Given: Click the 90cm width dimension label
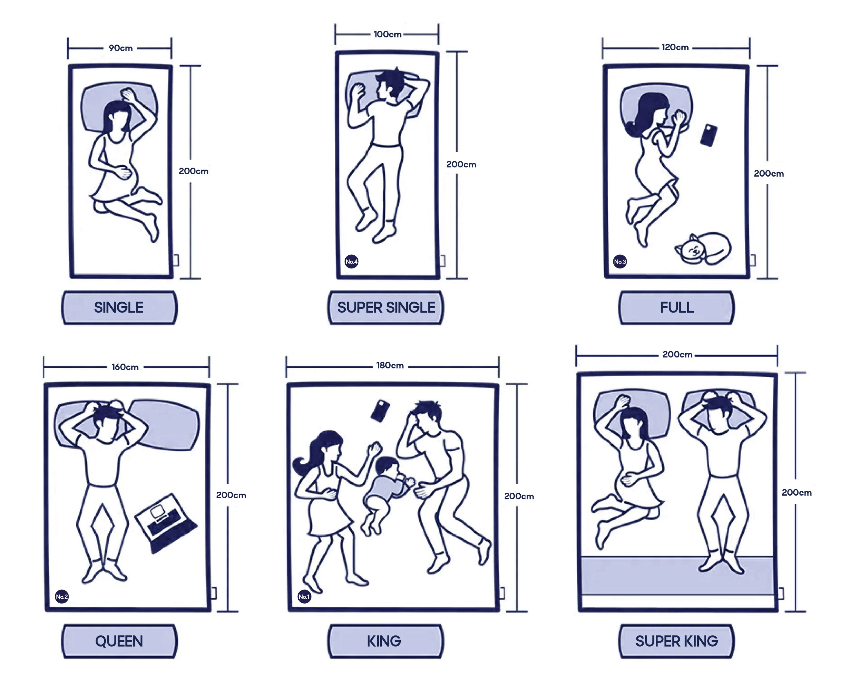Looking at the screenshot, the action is click(x=121, y=48).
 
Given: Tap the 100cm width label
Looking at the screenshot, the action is click(x=387, y=34).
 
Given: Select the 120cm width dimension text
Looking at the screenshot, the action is click(x=675, y=47).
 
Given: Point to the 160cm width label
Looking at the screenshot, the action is click(x=125, y=367).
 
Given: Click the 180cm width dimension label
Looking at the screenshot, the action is click(x=390, y=365).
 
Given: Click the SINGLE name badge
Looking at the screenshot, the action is click(x=119, y=308).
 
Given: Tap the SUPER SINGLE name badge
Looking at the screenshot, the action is click(x=386, y=308).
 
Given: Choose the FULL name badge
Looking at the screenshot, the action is click(x=676, y=308).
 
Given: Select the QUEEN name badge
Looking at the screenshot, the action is click(x=119, y=641).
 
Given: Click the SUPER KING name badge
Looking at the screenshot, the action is click(x=676, y=641).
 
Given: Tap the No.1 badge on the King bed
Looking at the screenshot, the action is click(x=304, y=597).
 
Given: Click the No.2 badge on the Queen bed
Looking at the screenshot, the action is click(x=61, y=597).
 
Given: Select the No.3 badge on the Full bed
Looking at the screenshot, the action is click(x=620, y=262).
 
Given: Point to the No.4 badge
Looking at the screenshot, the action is click(x=352, y=262).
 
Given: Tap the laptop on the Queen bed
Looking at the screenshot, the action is click(x=166, y=523).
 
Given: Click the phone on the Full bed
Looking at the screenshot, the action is click(x=709, y=135).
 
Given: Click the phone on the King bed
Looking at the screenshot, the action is click(x=380, y=411).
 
